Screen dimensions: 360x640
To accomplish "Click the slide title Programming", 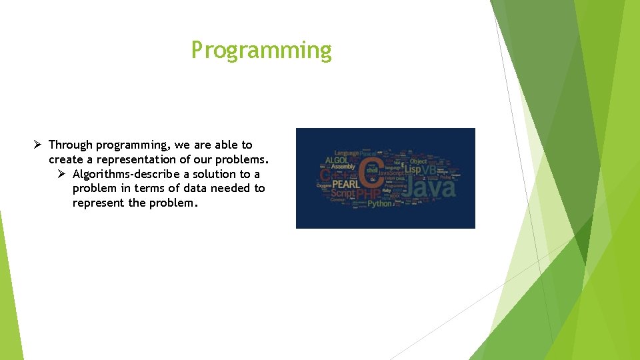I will click(x=261, y=50).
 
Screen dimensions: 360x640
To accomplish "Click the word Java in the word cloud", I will click(x=431, y=187).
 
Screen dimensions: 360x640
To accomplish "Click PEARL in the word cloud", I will click(x=346, y=181).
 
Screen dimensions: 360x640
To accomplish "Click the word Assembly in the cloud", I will click(x=343, y=167).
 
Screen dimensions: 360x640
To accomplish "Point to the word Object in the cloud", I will click(x=419, y=161).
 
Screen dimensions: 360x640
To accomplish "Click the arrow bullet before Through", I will click(x=39, y=145).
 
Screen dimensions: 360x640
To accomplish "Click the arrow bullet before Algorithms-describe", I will click(x=63, y=174).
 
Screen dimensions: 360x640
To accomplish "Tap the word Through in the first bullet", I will click(x=71, y=145).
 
